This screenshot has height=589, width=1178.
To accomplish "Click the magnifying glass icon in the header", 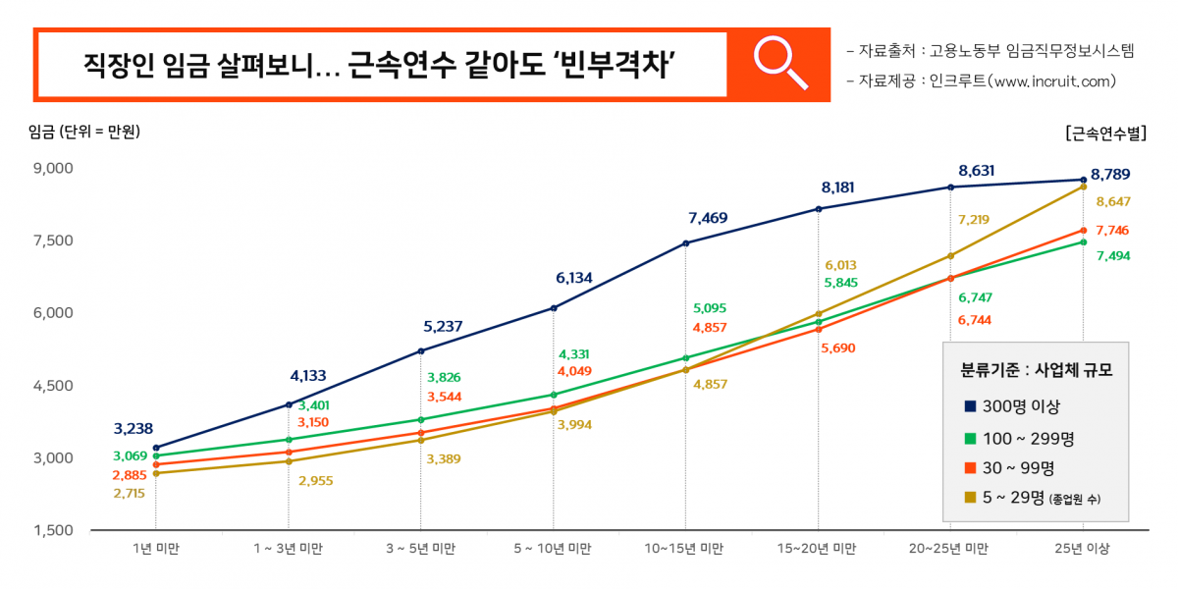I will [x=780, y=64].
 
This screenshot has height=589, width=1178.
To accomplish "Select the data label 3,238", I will [x=134, y=428].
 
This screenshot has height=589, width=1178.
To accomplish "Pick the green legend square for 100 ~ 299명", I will [x=970, y=438].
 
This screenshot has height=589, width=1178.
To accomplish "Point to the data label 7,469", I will [x=708, y=218].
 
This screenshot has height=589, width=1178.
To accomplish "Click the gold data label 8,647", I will [x=1113, y=201].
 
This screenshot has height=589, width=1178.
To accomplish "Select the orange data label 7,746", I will [x=1113, y=231].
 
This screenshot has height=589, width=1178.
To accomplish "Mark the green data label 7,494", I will [x=1113, y=256].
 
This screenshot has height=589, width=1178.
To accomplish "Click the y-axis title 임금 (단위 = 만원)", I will [x=84, y=133].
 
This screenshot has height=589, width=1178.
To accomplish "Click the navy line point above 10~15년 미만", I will [x=685, y=243].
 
